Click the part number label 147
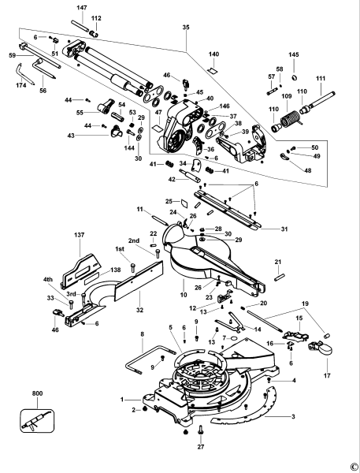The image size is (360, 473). click(x=81, y=6)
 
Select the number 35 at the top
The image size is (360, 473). click(x=186, y=27)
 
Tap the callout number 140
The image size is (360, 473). click(x=213, y=54)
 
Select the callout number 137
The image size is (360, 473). click(x=79, y=235)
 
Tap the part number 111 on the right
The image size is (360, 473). click(x=321, y=79)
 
